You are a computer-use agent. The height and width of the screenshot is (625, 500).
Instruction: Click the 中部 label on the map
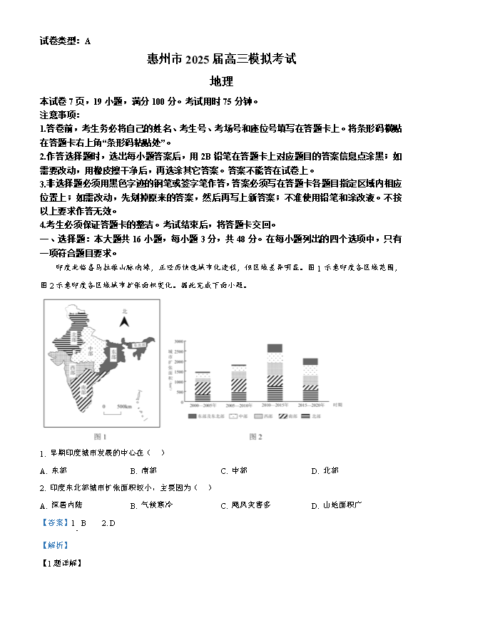click(91, 351)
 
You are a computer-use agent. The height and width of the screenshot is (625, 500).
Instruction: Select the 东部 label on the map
click(114, 352)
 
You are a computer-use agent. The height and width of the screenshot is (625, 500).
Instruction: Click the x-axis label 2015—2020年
click(310, 406)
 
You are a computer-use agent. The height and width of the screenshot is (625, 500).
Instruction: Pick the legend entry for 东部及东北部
click(207, 415)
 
